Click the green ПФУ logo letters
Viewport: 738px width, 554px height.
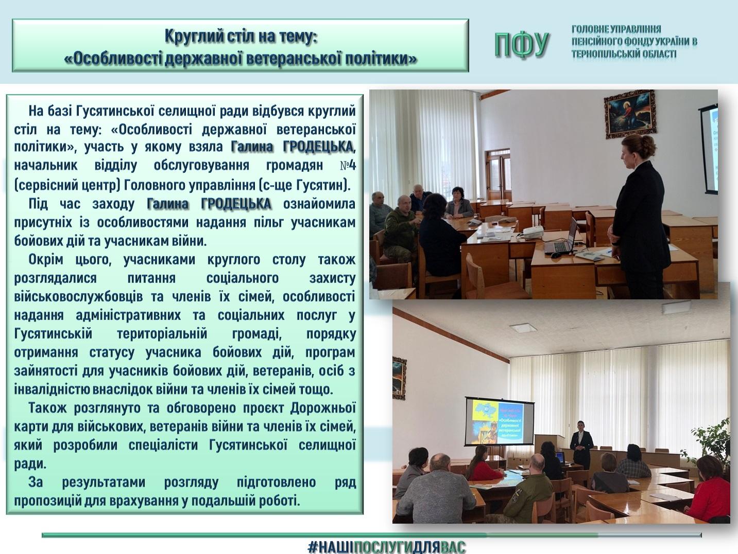[522, 45]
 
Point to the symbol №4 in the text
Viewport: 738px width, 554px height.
[347, 165]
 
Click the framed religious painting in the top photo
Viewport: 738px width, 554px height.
[630, 115]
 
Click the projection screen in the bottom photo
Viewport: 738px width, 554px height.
[499, 421]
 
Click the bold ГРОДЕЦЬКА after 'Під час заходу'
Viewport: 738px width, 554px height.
[236, 204]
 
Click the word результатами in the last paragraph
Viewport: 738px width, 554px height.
[104, 482]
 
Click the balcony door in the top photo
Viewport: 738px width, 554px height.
[499, 174]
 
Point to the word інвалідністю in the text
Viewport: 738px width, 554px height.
[52, 389]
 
